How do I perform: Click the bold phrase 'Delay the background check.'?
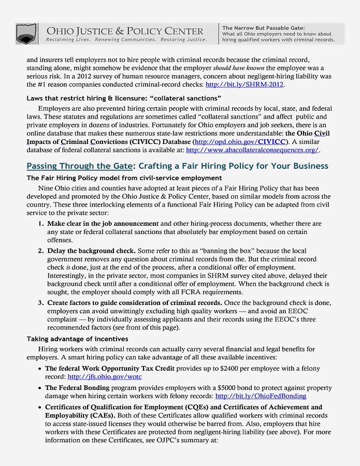point(91,251)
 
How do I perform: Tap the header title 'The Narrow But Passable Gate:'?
point(263,27)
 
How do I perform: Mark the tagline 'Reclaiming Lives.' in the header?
point(67,40)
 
